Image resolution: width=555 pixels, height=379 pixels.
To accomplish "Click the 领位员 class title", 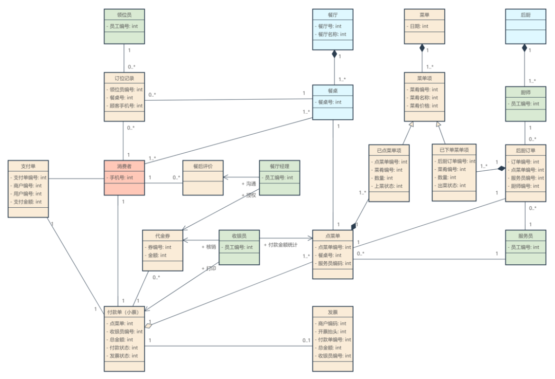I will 124,15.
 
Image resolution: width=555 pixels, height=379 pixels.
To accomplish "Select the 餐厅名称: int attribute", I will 332,34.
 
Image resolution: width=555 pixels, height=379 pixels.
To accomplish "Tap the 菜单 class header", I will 424,15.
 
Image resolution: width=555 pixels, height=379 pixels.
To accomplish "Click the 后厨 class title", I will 525,15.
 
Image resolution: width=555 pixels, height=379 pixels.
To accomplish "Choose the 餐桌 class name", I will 332,91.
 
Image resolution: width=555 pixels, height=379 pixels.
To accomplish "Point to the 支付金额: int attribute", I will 28,202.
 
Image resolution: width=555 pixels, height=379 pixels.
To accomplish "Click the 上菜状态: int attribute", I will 388,186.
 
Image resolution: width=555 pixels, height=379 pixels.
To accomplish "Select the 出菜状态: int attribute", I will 453,186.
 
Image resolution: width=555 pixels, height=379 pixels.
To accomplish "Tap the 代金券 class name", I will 162,236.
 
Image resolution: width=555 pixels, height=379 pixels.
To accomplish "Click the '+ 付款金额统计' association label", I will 281,245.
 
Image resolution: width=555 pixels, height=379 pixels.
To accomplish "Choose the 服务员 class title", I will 525,236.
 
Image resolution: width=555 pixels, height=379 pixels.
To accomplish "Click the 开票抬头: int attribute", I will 332,332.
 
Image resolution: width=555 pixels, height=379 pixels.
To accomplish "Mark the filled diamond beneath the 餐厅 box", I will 334,53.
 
